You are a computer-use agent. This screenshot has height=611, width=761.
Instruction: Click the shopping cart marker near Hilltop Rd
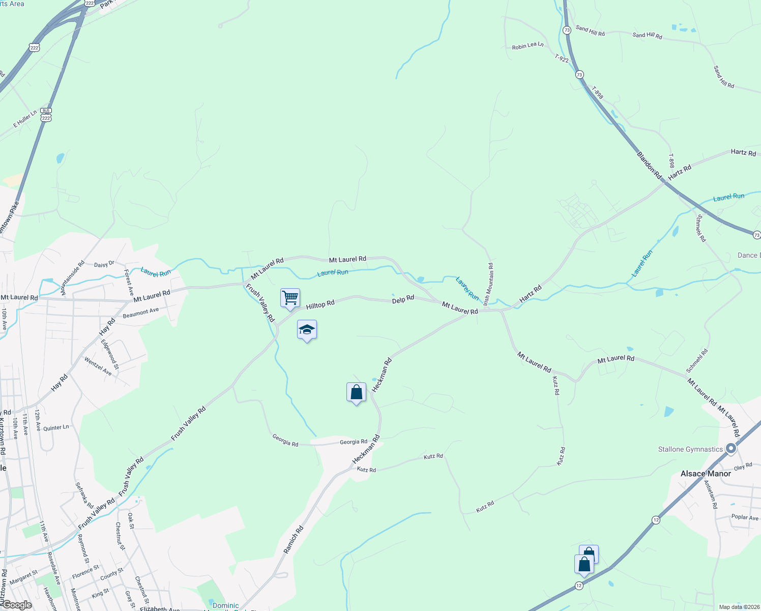click(290, 297)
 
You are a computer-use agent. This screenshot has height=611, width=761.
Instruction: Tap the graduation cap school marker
click(307, 329)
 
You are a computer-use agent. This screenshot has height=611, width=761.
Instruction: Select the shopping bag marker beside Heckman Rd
click(356, 392)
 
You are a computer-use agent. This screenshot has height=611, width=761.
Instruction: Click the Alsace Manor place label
click(706, 474)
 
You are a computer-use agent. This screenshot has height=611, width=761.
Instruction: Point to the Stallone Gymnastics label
click(690, 449)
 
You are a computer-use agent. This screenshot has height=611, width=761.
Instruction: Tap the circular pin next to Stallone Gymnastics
click(731, 449)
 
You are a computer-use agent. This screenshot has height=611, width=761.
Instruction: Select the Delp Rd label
click(403, 299)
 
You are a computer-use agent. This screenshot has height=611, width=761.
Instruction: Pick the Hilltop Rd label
click(320, 304)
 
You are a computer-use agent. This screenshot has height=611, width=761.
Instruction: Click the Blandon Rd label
click(649, 165)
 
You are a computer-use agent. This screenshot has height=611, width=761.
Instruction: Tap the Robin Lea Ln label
click(528, 46)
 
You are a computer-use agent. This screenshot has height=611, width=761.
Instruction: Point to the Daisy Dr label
click(104, 264)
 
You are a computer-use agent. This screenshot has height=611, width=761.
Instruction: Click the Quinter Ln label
click(56, 428)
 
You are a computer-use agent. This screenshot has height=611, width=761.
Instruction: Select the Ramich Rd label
click(294, 540)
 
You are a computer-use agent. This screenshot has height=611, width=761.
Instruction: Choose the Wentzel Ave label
click(98, 366)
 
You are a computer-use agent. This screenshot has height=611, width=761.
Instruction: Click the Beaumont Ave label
click(141, 313)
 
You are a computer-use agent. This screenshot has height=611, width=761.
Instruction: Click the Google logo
click(17, 604)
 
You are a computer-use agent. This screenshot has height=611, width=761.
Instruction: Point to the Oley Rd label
click(743, 466)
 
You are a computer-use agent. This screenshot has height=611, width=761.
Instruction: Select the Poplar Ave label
click(745, 517)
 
